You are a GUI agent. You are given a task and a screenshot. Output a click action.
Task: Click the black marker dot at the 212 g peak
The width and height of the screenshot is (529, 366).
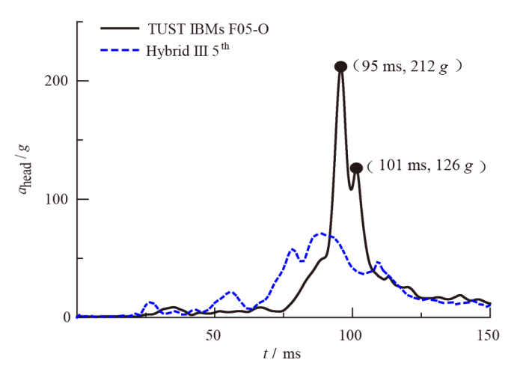(x=340, y=67)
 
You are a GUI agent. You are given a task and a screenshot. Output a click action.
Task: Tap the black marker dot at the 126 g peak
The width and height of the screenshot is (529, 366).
(x=356, y=168)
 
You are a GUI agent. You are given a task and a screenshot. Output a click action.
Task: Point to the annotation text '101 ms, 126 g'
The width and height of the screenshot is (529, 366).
(x=427, y=165)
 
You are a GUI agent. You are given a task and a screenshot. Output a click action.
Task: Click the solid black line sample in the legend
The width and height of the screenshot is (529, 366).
(x=120, y=29)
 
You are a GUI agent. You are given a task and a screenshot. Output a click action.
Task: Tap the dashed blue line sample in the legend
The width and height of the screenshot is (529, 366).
(x=120, y=52)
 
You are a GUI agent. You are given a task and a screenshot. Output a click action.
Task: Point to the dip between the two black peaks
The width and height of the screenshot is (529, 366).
(x=351, y=189)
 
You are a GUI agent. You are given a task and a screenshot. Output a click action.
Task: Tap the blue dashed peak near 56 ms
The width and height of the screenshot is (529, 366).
(x=230, y=291)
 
